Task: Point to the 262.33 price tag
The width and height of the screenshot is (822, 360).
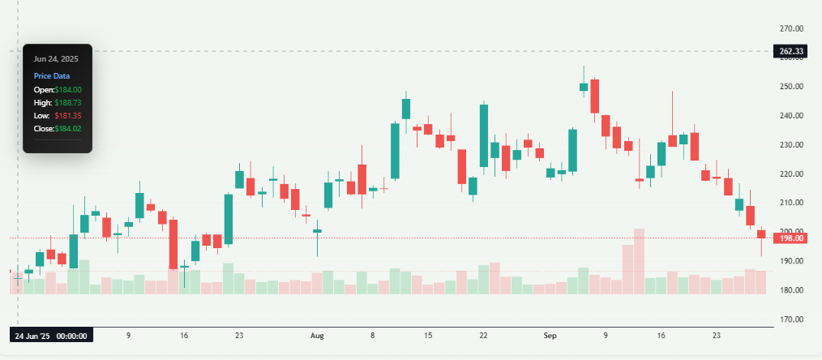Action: point(790,52)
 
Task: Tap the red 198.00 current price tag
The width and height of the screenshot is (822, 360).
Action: point(790,238)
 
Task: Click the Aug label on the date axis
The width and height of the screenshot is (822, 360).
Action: point(317,335)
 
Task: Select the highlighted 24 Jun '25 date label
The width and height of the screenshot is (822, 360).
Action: point(52,335)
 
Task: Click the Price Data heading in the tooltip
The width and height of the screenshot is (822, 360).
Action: point(52,75)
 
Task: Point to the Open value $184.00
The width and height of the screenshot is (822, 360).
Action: point(67,89)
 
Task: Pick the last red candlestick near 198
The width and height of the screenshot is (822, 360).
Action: point(761,234)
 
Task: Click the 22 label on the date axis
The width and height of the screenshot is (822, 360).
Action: point(483,335)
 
